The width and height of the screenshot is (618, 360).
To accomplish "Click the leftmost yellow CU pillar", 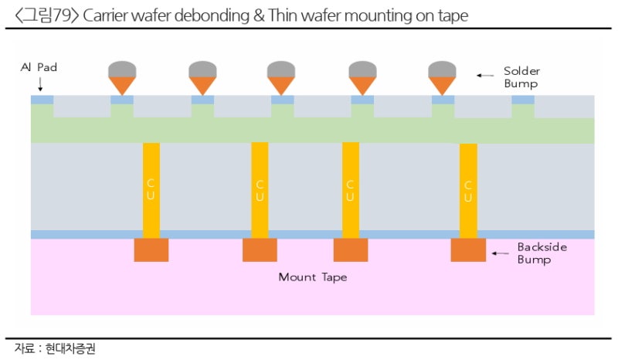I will point(151,190).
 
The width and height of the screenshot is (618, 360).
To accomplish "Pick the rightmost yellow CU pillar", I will point(468,190).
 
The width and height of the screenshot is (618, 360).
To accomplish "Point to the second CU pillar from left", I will point(260,190).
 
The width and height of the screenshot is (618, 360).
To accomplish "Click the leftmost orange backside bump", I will point(151,250).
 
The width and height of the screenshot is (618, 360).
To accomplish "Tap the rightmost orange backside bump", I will point(468,250).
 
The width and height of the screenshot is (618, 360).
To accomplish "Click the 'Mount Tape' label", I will point(312,277).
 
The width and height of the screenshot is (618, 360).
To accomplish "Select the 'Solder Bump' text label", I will point(521,76).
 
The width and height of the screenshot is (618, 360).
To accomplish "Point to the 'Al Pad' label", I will point(39,68).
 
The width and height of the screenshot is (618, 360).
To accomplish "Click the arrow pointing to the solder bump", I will point(484,75).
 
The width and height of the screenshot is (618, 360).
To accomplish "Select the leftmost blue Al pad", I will point(42,100).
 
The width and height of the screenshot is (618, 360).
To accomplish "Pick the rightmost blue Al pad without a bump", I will point(523,100).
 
